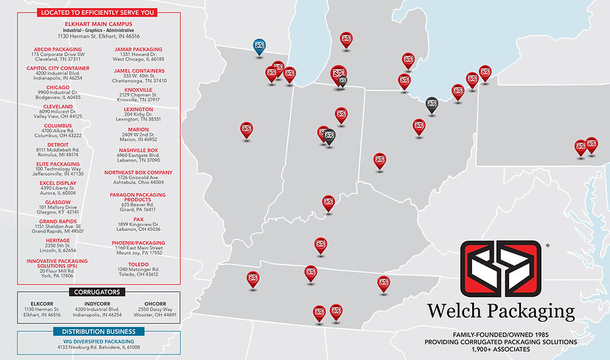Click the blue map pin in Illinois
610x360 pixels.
click(259, 46)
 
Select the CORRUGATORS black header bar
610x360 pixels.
click(98, 291)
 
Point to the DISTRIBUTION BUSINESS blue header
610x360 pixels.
click(98, 331)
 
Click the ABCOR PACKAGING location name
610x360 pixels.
click(58, 49)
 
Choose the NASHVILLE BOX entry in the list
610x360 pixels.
click(139, 150)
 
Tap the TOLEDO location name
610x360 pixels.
click(139, 264)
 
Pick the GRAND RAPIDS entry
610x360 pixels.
click(58, 221)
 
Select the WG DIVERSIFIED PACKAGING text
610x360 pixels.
click(98, 341)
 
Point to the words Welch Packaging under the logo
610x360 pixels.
click(502, 312)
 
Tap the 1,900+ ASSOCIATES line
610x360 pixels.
click(501, 350)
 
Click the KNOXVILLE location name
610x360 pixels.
click(139, 89)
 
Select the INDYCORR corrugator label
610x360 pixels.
click(98, 302)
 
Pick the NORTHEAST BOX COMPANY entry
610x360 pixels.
click(139, 172)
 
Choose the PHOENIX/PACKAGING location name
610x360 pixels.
click(139, 242)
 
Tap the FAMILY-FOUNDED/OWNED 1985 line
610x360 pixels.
click(501, 334)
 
